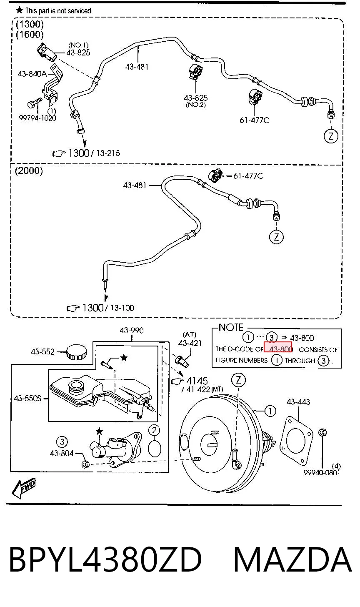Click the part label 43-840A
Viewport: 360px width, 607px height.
pyautogui.click(x=32, y=74)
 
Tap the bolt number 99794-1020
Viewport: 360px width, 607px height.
pyautogui.click(x=37, y=118)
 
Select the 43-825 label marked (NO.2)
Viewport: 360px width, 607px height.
pyautogui.click(x=195, y=98)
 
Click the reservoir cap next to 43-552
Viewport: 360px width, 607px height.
pyautogui.click(x=77, y=352)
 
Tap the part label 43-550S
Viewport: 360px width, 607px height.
pyautogui.click(x=27, y=399)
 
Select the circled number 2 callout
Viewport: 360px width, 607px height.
pyautogui.click(x=154, y=430)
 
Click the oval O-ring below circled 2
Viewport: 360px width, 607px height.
pyautogui.click(x=155, y=449)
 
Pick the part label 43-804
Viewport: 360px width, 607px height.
pyautogui.click(x=62, y=453)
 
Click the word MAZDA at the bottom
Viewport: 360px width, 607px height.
pyautogui.click(x=292, y=560)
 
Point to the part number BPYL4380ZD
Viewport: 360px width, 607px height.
pyautogui.click(x=105, y=560)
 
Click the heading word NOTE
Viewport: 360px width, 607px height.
pyautogui.click(x=231, y=328)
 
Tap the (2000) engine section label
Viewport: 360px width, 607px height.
pyautogui.click(x=29, y=171)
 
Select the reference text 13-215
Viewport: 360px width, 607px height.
pyautogui.click(x=108, y=153)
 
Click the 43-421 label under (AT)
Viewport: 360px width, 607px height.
pyautogui.click(x=190, y=344)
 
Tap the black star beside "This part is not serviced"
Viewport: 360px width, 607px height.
pyautogui.click(x=19, y=10)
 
